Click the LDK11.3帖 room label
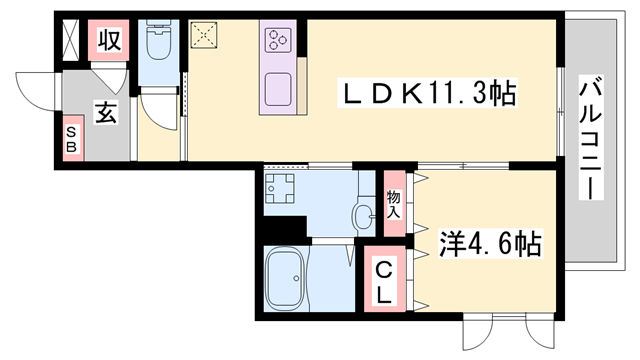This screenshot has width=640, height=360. point(430,95)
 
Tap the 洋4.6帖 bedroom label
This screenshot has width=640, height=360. point(491,243)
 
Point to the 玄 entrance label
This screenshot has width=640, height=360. point(106,113)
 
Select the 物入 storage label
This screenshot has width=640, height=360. point(393,206)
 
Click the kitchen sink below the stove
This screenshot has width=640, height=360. point(277,86)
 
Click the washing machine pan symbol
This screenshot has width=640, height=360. point(281,189)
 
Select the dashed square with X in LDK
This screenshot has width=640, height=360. point(205,36)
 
